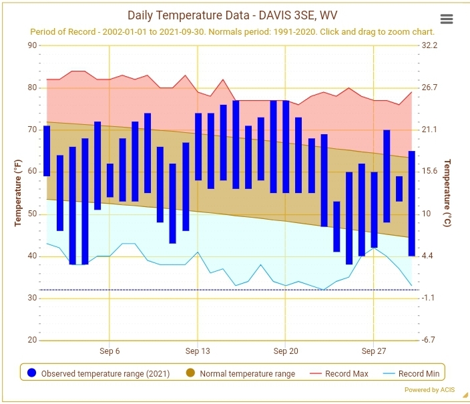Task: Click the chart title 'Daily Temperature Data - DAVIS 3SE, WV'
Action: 232,15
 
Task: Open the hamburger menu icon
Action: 447,19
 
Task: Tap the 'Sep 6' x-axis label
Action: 109,351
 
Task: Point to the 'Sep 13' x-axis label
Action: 198,351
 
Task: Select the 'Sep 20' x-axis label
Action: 286,351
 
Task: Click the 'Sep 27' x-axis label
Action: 373,351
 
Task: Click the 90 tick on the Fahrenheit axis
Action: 32,45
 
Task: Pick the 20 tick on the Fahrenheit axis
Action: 32,340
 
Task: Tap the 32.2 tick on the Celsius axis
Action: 429,45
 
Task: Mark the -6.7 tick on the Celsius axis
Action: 428,340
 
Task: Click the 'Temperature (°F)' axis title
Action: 18,193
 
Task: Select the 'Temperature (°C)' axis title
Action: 447,193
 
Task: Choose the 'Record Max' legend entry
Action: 338,374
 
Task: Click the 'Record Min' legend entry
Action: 411,374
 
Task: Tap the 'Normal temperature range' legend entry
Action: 241,374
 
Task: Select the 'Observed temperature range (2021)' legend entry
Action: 98,374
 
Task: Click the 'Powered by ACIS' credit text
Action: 429,390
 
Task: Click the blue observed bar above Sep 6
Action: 110,180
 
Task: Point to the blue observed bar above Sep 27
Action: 374,210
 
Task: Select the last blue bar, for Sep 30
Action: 412,204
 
